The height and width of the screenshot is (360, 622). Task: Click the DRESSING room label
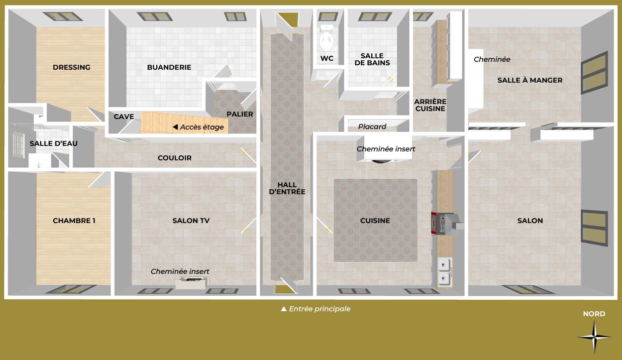tap(71, 67)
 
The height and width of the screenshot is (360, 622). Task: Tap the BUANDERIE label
tap(169, 67)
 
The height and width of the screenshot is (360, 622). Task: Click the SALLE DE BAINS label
tap(372, 59)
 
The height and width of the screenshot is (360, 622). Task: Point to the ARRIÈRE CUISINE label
tap(430, 105)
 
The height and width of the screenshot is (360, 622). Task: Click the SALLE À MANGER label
tap(530, 80)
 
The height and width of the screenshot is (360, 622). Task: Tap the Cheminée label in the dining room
tap(492, 59)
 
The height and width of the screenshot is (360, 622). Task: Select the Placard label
tap(372, 126)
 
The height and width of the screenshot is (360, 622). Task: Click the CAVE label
tap(124, 117)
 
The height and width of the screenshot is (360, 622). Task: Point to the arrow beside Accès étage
tap(175, 127)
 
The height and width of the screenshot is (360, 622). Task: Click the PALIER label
tap(240, 114)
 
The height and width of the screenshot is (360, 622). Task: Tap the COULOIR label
tap(174, 158)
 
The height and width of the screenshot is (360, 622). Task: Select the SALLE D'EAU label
tap(54, 143)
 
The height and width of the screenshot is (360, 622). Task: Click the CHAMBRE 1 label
tap(74, 221)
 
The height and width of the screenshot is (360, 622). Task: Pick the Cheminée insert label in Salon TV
tap(180, 271)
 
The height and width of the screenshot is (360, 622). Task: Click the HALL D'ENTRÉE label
tap(287, 188)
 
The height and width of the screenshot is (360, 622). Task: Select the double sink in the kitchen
tap(445, 272)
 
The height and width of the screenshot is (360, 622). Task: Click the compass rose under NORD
tap(594, 337)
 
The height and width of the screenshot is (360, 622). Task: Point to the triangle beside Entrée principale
tap(284, 309)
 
